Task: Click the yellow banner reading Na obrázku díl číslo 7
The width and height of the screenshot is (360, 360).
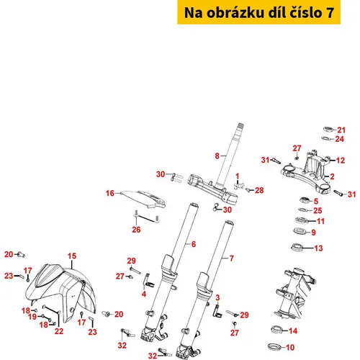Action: [258, 12]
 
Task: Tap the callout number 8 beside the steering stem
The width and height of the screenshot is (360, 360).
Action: [217, 156]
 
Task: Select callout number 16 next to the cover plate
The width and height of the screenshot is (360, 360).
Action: [110, 193]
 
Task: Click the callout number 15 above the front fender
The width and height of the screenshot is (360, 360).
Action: [72, 256]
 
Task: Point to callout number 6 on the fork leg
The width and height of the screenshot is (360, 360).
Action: [194, 244]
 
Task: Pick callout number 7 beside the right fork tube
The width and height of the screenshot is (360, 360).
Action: [232, 258]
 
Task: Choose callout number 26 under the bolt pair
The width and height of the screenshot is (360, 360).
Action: [136, 230]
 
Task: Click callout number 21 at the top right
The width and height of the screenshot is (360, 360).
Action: [341, 130]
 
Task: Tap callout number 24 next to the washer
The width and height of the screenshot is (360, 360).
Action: [340, 139]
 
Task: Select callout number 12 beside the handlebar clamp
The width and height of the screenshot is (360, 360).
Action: [341, 161]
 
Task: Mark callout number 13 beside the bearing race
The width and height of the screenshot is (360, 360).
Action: [318, 248]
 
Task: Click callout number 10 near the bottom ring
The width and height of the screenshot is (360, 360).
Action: [290, 347]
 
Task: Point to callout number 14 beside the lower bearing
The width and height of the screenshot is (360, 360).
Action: [293, 331]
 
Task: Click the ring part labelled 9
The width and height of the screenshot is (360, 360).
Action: [300, 231]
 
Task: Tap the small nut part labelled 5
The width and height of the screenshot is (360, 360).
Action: [306, 199]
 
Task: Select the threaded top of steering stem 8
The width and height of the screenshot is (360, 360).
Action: [240, 126]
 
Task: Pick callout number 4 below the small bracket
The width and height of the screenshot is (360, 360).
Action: [144, 294]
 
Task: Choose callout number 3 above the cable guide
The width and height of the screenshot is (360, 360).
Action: [217, 298]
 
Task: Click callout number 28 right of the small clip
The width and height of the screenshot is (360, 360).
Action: [259, 190]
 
